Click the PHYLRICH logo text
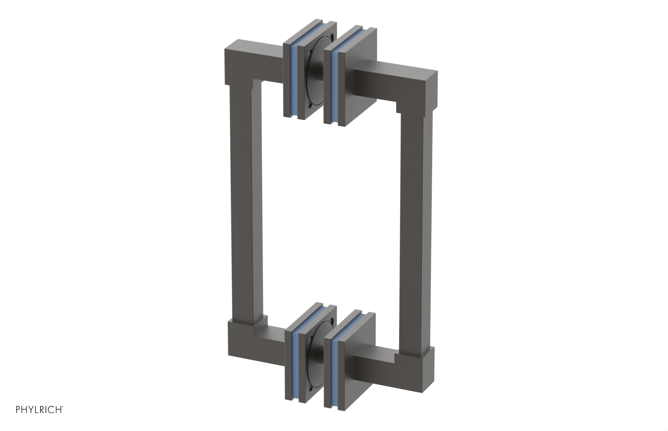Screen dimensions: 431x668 pos(39,410)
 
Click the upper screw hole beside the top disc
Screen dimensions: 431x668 pos(331,37)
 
